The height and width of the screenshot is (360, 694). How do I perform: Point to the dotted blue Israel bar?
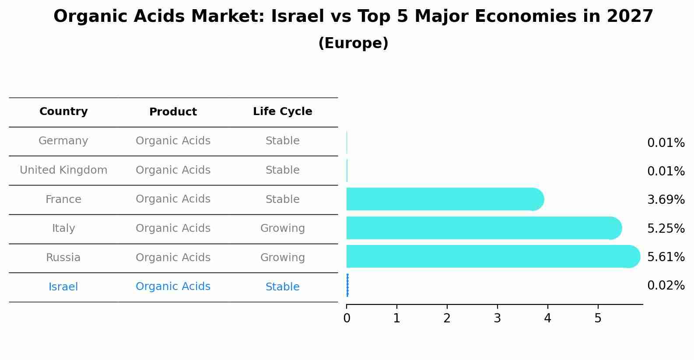pos(347,285)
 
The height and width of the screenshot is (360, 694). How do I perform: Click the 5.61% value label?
pos(666,257)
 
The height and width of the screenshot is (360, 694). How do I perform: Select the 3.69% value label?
pos(666,200)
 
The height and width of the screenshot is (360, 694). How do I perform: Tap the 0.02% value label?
pos(666,286)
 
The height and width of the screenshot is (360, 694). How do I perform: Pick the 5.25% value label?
pos(666,228)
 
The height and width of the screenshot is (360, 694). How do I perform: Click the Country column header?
pos(63,112)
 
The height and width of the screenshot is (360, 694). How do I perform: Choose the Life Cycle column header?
pos(282,112)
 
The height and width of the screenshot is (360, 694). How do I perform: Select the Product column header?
pos(173,112)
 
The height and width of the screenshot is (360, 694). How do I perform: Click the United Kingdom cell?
pos(63,170)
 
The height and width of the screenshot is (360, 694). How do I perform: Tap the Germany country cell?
pos(63,141)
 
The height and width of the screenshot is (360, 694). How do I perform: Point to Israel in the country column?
pos(63,287)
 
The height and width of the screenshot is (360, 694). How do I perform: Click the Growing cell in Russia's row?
pos(282,258)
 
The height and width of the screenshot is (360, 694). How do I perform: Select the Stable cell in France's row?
pos(282,199)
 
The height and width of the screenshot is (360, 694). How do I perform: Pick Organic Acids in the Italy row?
pos(173,228)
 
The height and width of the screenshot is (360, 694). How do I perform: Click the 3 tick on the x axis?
pos(497,318)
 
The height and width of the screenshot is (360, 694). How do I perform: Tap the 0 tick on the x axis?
pos(347,318)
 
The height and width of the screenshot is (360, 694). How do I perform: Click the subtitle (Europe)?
pos(353,43)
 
